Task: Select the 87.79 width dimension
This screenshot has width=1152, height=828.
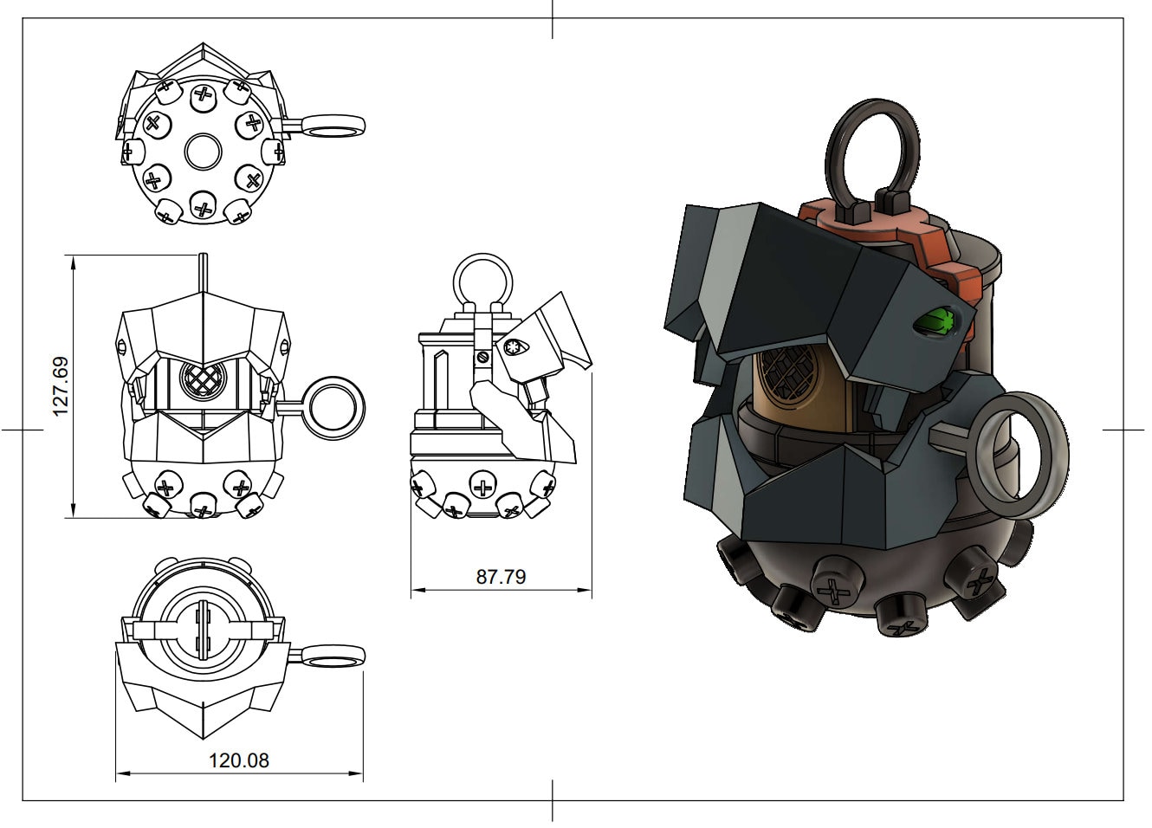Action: point(501,576)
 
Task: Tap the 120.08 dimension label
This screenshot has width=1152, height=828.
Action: point(238,760)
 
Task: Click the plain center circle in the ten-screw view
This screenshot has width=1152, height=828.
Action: point(204,152)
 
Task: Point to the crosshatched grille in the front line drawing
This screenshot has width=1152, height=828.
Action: point(203,378)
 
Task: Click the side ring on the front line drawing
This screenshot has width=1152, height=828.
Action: point(335,408)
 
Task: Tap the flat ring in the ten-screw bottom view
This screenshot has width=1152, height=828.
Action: point(335,126)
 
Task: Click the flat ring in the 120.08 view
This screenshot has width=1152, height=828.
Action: point(333,656)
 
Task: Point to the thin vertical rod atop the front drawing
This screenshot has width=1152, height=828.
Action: point(203,272)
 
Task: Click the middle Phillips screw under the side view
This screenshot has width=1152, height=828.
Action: point(482,485)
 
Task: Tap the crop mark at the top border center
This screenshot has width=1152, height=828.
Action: point(553,19)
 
